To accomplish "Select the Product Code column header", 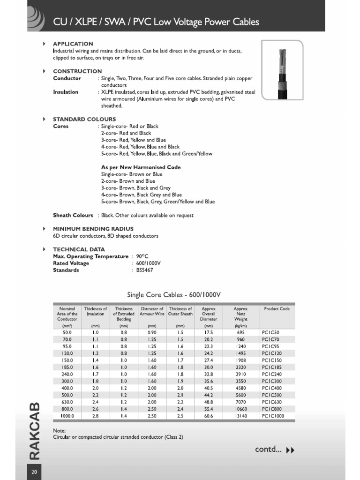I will click(277, 309).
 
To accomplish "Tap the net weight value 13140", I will click(241, 416).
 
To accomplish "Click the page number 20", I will click(34, 472).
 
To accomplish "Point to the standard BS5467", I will click(144, 270).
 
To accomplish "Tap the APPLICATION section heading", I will click(73, 44).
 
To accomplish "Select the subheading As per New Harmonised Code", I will click(141, 167).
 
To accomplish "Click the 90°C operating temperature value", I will click(142, 256).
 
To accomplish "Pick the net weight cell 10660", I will click(241, 409).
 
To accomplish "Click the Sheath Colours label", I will click(73, 215).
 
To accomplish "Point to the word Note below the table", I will click(59, 430).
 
